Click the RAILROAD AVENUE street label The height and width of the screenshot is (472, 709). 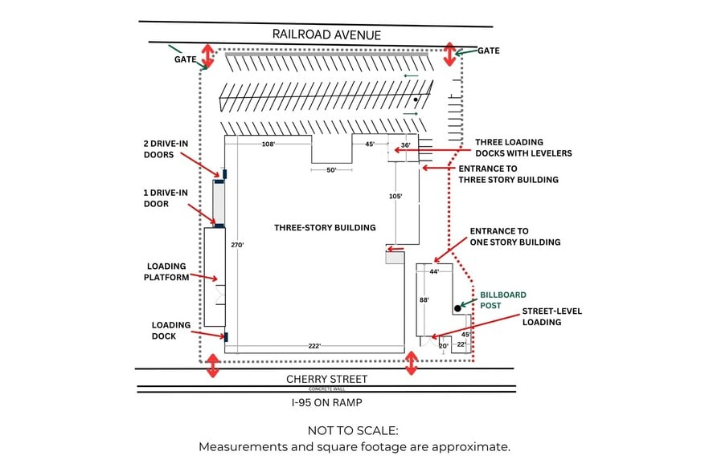point(326,35)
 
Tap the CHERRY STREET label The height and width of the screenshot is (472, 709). point(327,379)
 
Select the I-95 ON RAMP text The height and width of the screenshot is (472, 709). point(326,401)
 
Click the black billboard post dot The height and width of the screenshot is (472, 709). point(457,307)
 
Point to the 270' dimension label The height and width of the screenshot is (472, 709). point(236,244)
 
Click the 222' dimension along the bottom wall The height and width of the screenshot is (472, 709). point(314,346)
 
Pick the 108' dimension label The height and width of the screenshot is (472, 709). point(268,144)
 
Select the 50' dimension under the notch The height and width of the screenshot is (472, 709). point(331,170)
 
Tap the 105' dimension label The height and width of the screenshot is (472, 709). point(395,196)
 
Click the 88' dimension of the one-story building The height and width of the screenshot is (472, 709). point(424,299)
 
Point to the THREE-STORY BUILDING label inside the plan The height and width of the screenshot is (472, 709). point(325,227)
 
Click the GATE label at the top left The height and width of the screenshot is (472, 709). point(185,59)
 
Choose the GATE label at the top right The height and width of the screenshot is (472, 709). point(489,51)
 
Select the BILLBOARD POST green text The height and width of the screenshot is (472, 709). point(502,299)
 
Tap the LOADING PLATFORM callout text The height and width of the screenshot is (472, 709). point(166,271)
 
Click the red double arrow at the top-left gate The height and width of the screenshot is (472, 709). point(207,55)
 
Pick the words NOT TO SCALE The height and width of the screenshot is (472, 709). point(354,431)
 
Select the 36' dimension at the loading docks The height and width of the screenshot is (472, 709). point(405,145)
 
